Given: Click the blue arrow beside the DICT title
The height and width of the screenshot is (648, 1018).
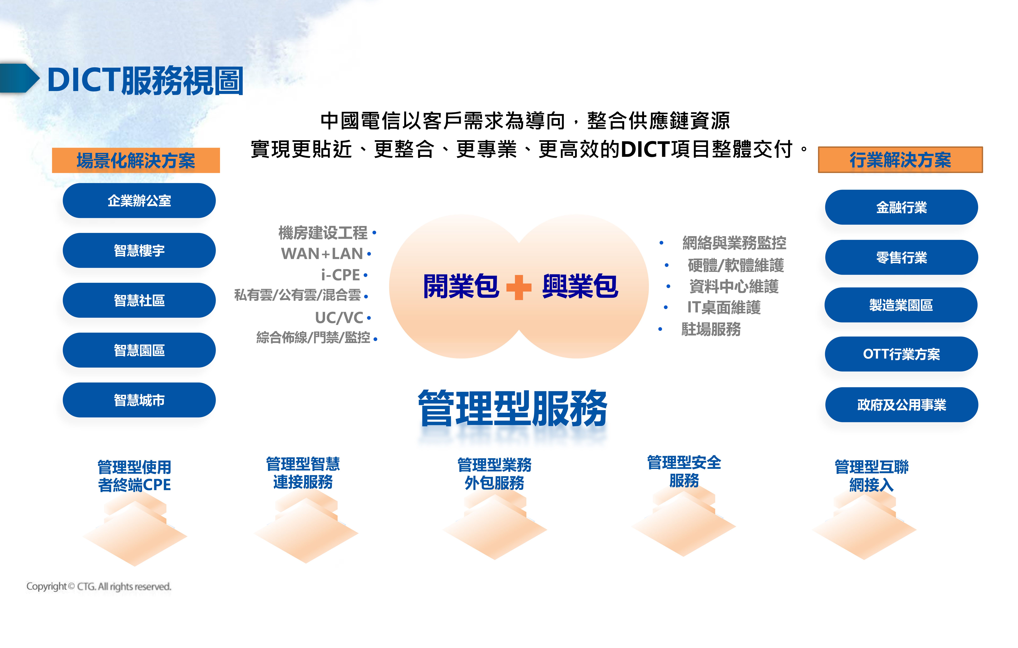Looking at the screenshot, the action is pos(19,78).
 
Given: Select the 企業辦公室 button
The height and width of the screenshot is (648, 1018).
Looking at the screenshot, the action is pos(139,200).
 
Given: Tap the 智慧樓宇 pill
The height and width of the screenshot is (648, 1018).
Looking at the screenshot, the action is pos(139,250).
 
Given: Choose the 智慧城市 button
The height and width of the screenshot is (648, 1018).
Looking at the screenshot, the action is pos(139,400).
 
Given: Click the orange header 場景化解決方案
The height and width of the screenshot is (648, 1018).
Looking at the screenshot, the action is pos(136,160).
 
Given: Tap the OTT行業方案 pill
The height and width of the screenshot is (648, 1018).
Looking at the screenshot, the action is pos(901,354).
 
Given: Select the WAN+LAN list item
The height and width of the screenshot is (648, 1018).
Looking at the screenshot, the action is pos(322,254).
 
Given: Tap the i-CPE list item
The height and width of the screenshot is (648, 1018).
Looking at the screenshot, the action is pos(340,275).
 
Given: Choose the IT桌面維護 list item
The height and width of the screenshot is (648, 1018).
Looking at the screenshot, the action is pos(724,307).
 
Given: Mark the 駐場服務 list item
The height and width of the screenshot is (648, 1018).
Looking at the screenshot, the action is pos(711,329).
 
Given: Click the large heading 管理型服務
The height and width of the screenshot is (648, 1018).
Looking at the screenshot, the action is pos(512,408).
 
